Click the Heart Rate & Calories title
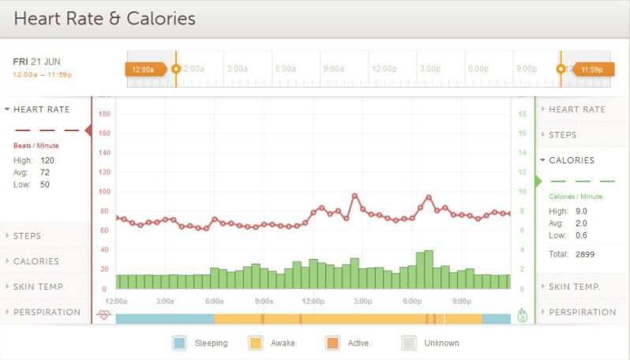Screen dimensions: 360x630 point(104,18)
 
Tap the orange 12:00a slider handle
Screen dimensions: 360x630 point(145,69)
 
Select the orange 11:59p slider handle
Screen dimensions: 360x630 point(592,69)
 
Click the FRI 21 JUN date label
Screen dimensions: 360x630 point(36,61)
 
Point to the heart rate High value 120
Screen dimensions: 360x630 point(47,160)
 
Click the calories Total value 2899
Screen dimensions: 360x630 point(585,254)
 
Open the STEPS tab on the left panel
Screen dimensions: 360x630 point(27,236)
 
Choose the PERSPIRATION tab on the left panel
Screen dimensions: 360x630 point(47,312)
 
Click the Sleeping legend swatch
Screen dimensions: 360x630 point(179,343)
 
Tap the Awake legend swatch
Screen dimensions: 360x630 point(256,343)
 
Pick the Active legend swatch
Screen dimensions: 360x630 point(332,343)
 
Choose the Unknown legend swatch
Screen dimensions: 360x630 point(408,343)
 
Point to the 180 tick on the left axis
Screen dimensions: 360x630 point(104,114)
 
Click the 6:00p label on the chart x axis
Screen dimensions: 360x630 point(411,301)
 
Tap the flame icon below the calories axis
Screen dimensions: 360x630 point(522,315)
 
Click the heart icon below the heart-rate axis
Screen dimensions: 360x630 point(103,315)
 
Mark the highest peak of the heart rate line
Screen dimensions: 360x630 point(354,195)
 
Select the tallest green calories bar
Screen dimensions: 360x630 point(429,270)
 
